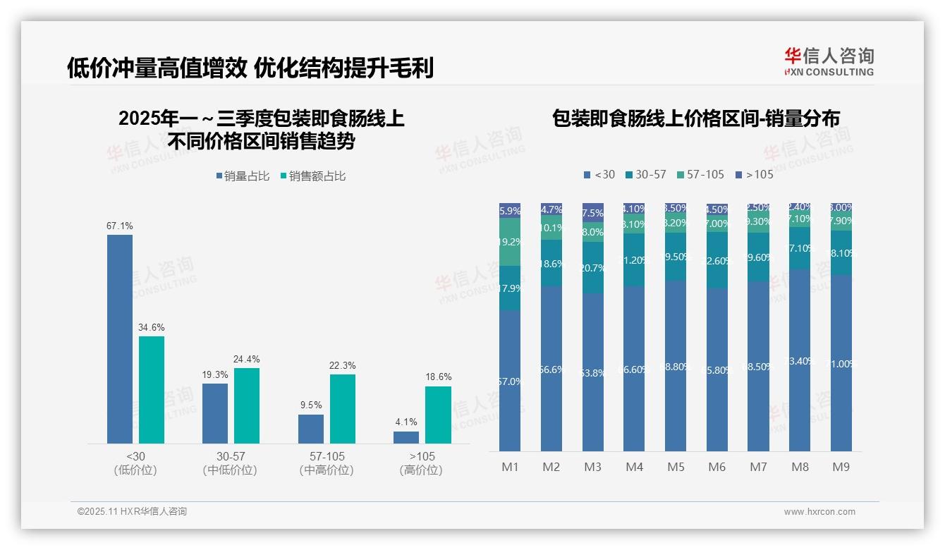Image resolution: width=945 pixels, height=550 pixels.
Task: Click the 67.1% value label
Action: point(120,226)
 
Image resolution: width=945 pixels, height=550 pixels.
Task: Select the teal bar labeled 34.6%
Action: point(152,389)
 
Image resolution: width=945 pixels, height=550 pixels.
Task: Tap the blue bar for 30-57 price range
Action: point(215,413)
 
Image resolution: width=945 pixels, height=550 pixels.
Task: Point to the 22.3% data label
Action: point(343,366)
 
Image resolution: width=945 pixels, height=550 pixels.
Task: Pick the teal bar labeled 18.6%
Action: point(438,415)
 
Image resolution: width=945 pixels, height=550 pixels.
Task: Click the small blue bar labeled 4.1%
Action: point(406,437)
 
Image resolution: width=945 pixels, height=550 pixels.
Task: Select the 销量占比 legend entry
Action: point(243,176)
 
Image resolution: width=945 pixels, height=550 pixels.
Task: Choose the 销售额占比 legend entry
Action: point(314,176)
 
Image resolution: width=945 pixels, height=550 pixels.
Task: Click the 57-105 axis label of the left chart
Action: point(327,457)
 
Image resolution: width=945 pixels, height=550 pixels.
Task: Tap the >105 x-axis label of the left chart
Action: point(422,457)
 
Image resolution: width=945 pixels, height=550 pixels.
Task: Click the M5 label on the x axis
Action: point(676,467)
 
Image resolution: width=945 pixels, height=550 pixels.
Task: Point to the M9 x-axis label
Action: point(841,467)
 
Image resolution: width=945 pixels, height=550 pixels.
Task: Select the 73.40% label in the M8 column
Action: point(800,362)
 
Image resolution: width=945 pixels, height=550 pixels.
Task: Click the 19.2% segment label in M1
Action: point(510,242)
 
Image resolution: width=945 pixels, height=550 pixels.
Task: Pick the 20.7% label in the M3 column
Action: point(593,268)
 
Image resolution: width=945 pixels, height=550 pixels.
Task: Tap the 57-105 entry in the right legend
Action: point(700,175)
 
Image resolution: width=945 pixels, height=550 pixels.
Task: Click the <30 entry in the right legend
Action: point(599,175)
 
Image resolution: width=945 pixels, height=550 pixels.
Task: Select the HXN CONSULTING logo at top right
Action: point(829,62)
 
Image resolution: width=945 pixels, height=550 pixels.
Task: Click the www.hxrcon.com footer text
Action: point(819,512)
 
